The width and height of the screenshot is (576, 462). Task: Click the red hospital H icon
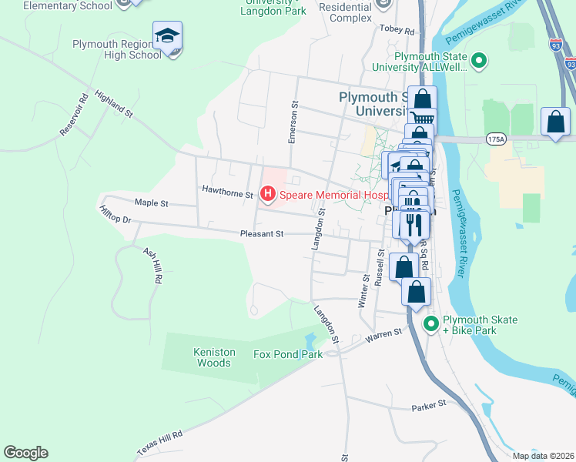pos(268,195)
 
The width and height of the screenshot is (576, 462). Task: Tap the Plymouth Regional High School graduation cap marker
pos(167,38)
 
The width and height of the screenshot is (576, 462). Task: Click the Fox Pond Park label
pos(288,355)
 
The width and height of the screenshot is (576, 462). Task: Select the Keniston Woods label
pos(213,357)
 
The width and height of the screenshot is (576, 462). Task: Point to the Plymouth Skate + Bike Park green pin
pos(431,323)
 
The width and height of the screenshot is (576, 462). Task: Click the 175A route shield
pos(496,139)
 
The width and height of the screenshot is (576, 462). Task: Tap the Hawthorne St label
pos(227,189)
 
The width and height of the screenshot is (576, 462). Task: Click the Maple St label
pos(151,203)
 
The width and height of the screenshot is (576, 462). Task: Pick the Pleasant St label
pos(262,233)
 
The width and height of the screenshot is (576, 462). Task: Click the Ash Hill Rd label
pos(152,266)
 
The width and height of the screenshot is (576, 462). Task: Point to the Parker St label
pos(428,404)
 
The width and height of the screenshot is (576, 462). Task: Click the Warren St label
pos(384,334)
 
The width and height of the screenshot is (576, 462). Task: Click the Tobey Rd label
pos(397,31)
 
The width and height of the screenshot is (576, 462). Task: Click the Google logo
pos(25,453)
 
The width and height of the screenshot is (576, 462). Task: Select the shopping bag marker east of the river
pos(555,123)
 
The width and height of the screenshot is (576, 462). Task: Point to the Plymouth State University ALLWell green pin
pos(479,61)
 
